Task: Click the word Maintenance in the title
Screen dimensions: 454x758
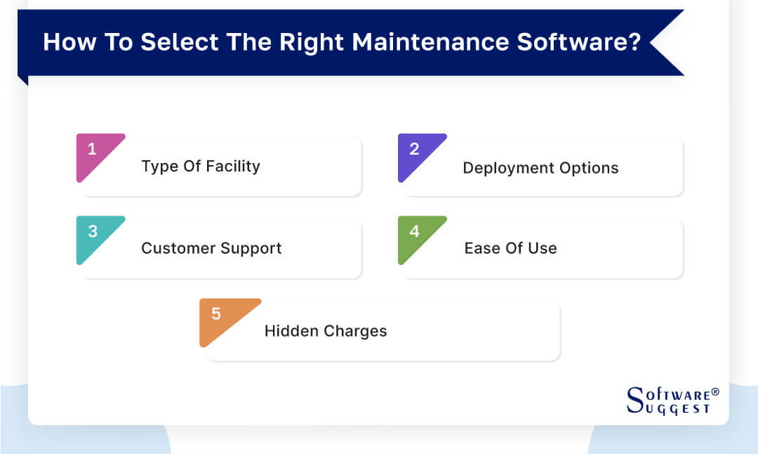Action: (x=430, y=42)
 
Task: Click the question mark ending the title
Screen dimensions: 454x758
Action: (x=634, y=42)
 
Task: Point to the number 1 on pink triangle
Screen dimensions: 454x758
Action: (x=92, y=149)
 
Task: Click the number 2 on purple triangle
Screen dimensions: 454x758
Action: (x=414, y=149)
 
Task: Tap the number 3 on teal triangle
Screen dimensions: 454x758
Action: (x=92, y=231)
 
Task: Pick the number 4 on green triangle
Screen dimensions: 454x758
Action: (x=414, y=231)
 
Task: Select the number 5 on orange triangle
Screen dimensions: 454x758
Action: (x=215, y=314)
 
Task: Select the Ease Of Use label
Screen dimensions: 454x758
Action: (x=510, y=248)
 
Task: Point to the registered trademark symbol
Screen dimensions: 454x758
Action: (x=715, y=391)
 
